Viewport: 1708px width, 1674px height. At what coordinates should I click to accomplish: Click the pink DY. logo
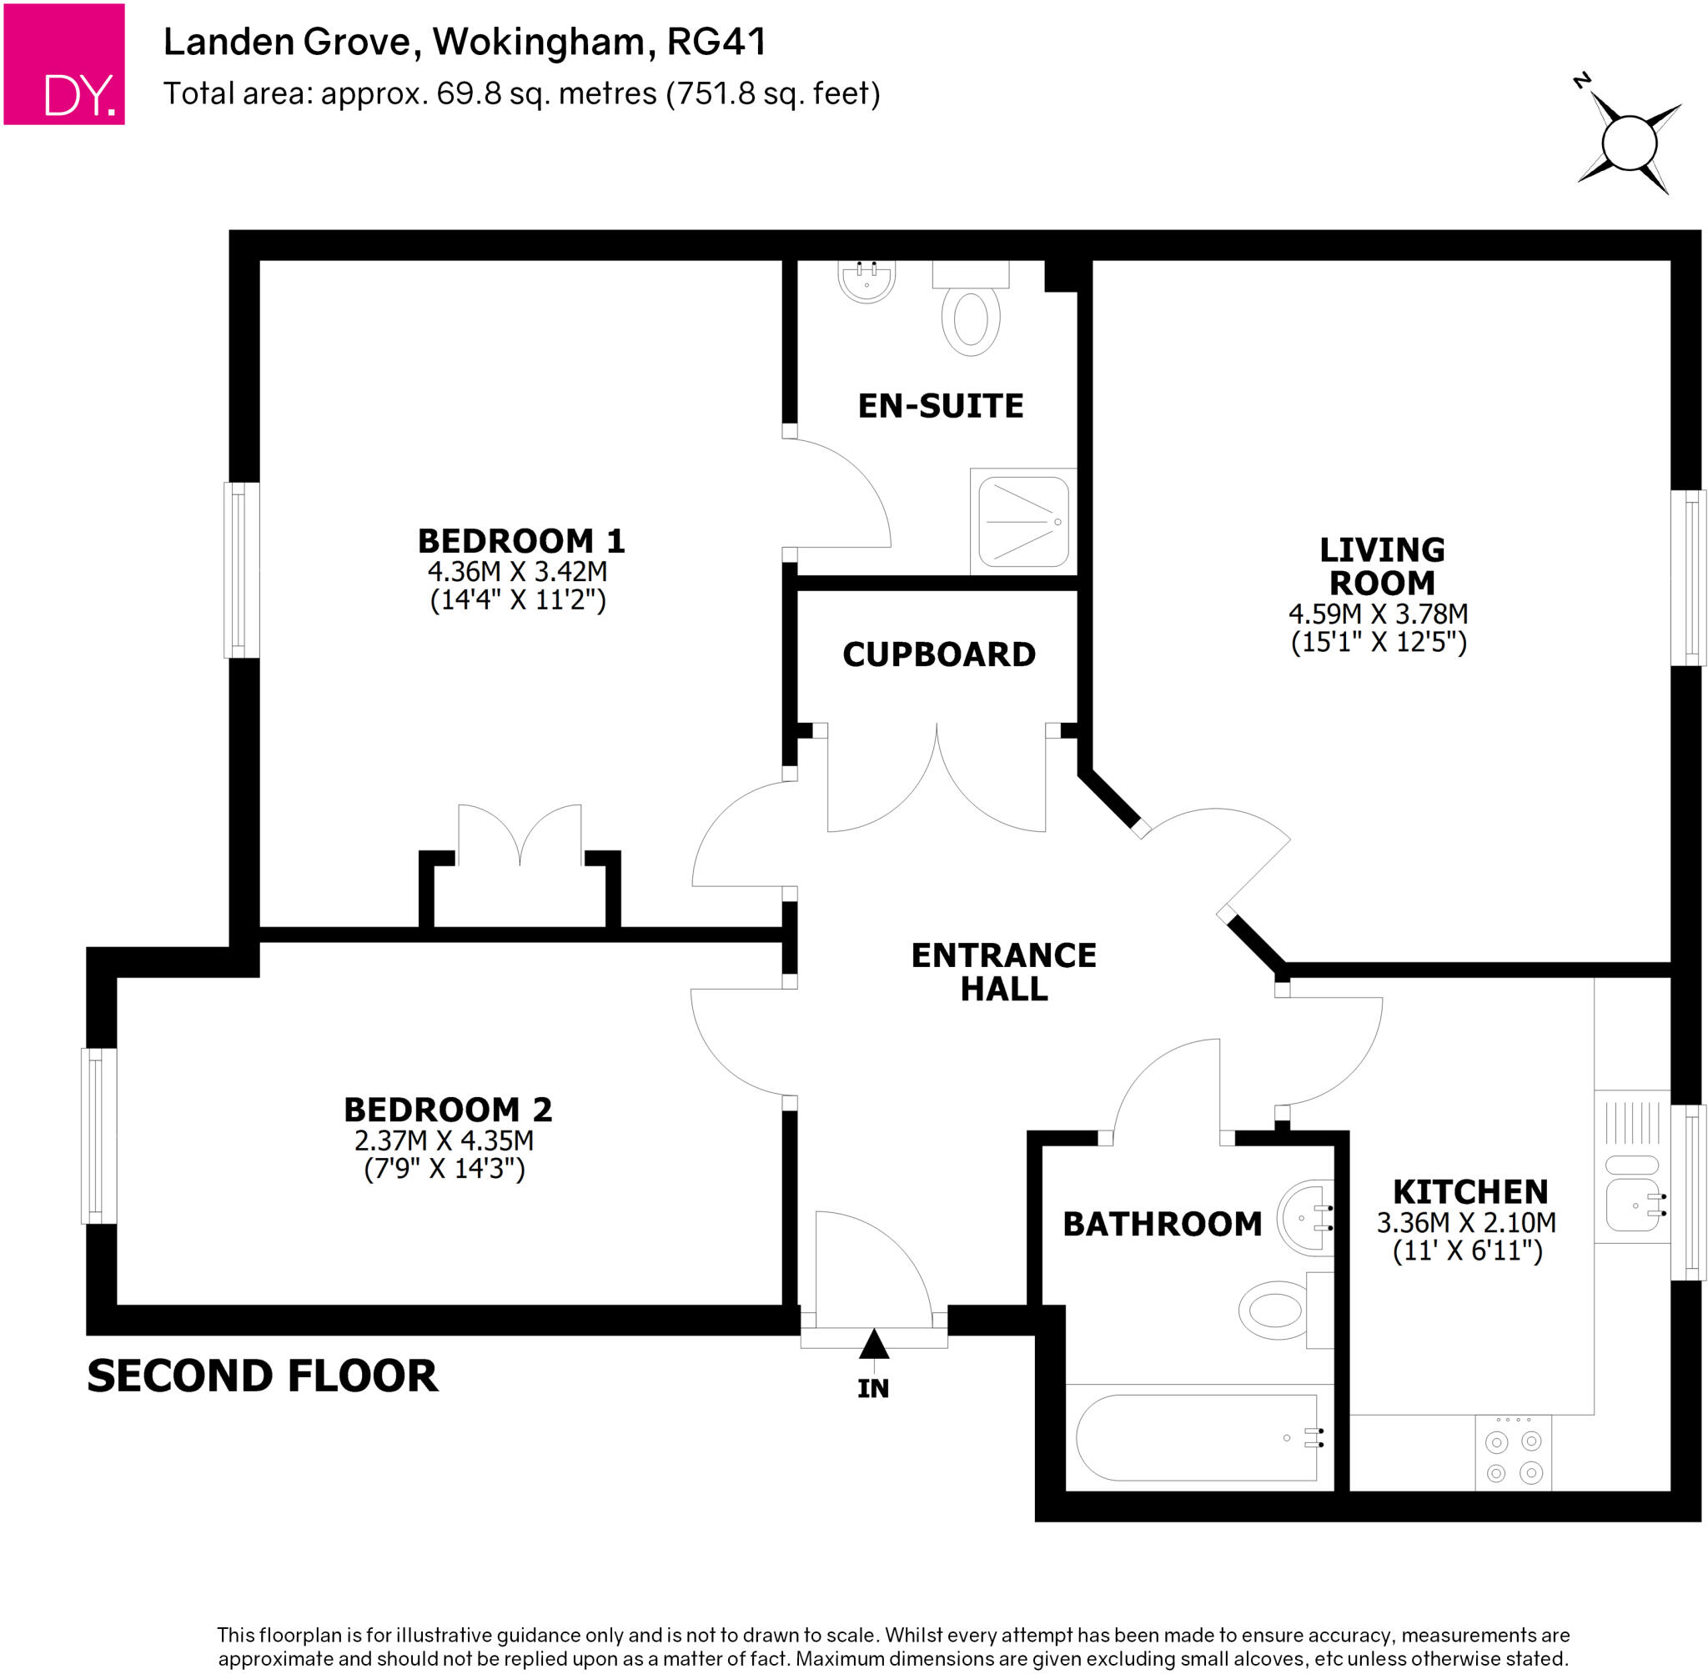[64, 63]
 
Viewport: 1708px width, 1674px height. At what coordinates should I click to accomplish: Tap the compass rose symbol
[1628, 143]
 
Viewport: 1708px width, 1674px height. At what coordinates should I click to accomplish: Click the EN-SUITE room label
[940, 406]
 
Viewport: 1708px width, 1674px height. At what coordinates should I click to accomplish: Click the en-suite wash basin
[867, 281]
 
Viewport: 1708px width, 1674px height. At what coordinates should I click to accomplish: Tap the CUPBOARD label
[938, 654]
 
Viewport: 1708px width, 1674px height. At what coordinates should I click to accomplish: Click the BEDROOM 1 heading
[520, 541]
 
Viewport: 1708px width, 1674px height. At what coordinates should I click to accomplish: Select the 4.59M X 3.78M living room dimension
[1377, 614]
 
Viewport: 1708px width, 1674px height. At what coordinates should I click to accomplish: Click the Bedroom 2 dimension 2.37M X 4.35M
[444, 1140]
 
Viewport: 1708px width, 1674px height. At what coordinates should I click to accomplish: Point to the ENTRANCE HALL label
[1002, 971]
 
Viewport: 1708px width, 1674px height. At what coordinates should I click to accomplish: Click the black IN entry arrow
[873, 1345]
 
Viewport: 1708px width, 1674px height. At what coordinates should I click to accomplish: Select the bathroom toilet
[1275, 1310]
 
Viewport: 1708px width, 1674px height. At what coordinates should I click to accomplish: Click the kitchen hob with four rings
[1513, 1457]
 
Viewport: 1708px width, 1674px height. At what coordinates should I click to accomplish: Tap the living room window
[1688, 578]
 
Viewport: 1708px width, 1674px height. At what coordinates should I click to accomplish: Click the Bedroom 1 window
[241, 569]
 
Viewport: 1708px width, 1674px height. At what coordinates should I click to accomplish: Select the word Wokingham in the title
[544, 43]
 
